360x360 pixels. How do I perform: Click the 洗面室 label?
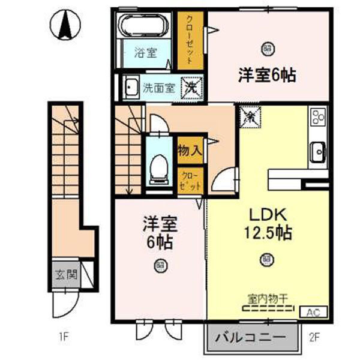click(x=159, y=88)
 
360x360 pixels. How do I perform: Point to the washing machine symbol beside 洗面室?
click(x=191, y=87)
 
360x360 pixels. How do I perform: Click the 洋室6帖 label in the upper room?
click(x=268, y=76)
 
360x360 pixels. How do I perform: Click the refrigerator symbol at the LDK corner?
click(x=249, y=116)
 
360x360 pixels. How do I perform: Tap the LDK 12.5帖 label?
click(x=267, y=223)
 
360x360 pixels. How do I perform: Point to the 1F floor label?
click(x=64, y=337)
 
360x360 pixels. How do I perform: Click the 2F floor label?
click(x=316, y=337)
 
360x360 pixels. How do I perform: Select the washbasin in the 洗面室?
click(x=130, y=88)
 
